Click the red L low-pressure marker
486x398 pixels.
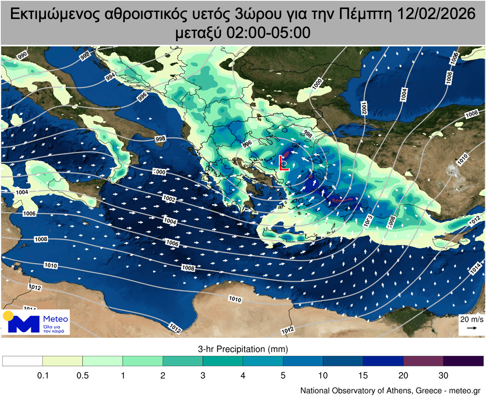tap(284, 163)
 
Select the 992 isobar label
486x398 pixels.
tap(85, 56)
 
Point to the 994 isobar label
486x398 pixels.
tap(110, 77)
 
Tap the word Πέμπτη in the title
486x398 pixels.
tap(364, 14)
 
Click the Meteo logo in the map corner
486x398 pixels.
tap(36, 322)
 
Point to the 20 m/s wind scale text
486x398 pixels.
tap(471, 319)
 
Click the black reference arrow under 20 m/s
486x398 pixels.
tap(471, 328)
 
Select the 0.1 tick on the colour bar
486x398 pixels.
tap(43, 375)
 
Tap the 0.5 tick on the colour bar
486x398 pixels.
tap(83, 375)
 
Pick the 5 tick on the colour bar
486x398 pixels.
tap(283, 375)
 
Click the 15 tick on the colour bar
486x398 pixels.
tap(363, 375)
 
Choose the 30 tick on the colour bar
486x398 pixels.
tap(443, 375)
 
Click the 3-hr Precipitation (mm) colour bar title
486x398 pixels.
tap(243, 349)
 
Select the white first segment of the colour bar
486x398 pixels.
tap(23, 361)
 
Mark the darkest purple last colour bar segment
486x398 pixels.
tap(463, 361)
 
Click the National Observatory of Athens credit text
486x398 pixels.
tap(390, 390)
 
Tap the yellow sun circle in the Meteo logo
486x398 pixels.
tap(8, 316)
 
